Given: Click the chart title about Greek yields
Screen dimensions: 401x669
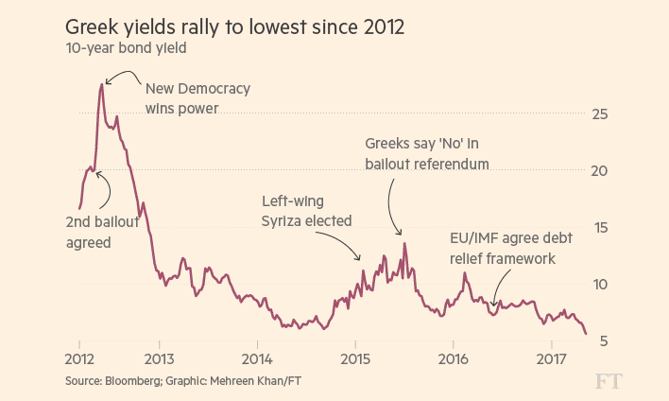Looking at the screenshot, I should [234, 26].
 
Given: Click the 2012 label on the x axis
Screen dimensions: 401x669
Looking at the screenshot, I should [79, 359].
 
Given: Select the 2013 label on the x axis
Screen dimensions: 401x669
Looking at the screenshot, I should [159, 359].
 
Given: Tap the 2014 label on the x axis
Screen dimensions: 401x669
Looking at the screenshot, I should [257, 359].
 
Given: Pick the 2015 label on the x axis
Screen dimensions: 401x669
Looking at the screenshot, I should [355, 359].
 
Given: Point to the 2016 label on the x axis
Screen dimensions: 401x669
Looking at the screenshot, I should [454, 359].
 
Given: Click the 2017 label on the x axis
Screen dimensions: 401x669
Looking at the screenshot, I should [552, 359].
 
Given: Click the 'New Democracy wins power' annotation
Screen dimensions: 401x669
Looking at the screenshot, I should [197, 98].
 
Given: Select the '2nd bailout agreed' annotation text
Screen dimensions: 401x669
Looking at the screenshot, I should [102, 233].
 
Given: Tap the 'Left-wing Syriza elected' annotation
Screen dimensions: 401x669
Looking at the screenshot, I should [307, 211].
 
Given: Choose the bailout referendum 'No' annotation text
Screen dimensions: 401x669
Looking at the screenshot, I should [427, 153].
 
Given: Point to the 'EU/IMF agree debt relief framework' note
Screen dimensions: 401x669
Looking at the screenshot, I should [502, 248].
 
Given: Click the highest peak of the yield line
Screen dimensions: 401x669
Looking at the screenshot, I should [102, 84].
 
